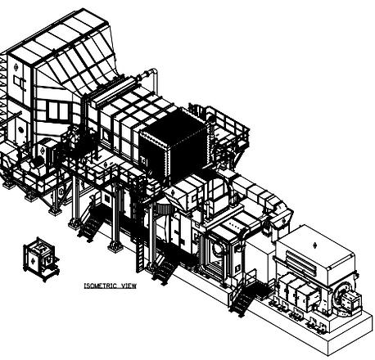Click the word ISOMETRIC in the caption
101,286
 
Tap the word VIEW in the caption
129,286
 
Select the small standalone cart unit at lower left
42,259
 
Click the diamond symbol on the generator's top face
314,245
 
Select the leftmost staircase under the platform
92,224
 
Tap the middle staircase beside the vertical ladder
165,268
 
